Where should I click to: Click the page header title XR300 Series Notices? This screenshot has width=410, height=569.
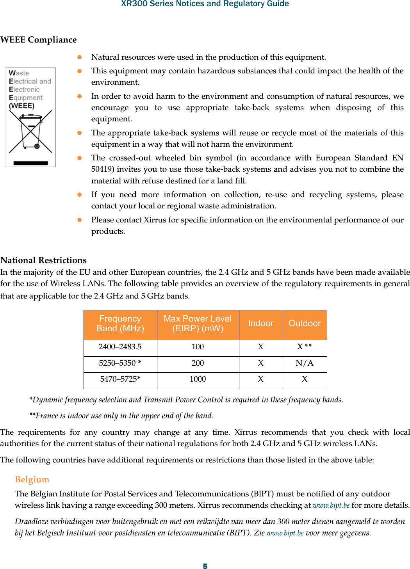tap(205, 4)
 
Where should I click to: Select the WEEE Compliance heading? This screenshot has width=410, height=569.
tap(39, 40)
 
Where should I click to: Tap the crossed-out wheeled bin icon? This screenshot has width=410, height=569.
tap(30, 132)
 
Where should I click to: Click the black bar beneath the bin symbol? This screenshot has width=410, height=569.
tap(30, 163)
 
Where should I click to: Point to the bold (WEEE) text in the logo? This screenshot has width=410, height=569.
tap(21, 106)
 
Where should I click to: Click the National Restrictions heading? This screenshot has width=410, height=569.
tap(43, 260)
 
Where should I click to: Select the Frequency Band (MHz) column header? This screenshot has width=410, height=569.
tap(120, 324)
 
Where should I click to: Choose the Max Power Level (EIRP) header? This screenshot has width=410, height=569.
tap(198, 324)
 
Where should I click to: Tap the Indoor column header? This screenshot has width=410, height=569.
tap(260, 324)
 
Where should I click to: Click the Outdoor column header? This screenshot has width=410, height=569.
tap(305, 324)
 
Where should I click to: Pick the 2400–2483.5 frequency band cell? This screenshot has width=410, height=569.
tap(120, 347)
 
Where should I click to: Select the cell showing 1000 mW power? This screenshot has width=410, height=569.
tap(198, 379)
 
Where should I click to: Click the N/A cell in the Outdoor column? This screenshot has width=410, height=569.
tap(305, 363)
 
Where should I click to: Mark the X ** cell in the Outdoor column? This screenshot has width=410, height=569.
tap(305, 347)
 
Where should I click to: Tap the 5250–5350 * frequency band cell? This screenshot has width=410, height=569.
tap(120, 363)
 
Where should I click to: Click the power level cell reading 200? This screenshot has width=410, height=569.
tap(198, 363)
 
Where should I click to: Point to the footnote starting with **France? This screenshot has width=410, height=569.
tap(121, 416)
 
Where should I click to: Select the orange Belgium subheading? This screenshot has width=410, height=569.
tap(32, 480)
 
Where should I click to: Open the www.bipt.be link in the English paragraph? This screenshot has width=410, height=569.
tap(331, 505)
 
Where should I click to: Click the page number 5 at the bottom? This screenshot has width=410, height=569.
tap(205, 566)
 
